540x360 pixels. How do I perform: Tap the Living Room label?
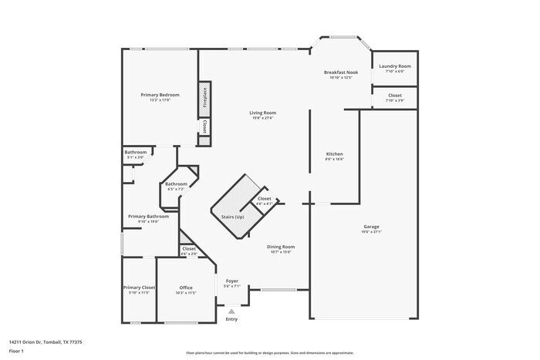point(262,113)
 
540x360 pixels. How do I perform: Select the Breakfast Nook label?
point(340,72)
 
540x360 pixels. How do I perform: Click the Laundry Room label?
point(394,66)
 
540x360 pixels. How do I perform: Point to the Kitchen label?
point(334,154)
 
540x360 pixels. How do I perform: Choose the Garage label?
point(371,227)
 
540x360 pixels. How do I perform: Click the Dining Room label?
point(281,247)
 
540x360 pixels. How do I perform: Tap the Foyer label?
point(231,281)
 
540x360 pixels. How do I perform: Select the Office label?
point(186,288)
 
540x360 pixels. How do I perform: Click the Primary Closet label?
point(139,288)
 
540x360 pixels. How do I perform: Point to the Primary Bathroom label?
point(148,216)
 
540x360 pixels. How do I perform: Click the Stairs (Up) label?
point(233,217)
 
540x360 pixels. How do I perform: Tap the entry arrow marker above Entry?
point(231,311)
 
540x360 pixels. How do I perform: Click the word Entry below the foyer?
point(231,319)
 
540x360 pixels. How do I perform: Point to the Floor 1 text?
point(17,351)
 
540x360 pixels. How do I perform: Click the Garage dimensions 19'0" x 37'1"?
point(371,231)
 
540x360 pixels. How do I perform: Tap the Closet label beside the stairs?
point(264,198)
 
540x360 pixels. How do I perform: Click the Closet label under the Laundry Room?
point(394,96)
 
